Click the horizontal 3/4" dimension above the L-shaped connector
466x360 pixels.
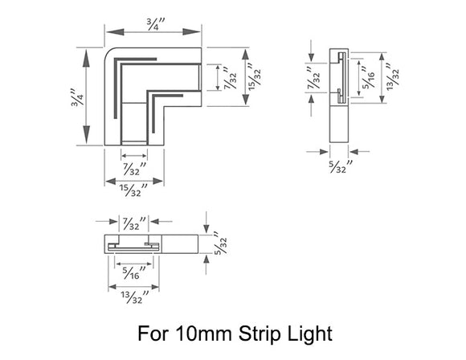click(153, 25)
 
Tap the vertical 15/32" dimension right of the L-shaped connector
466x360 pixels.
click(255, 78)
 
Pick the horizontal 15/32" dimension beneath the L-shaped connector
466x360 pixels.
click(133, 190)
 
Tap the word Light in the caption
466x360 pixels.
click(309, 332)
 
